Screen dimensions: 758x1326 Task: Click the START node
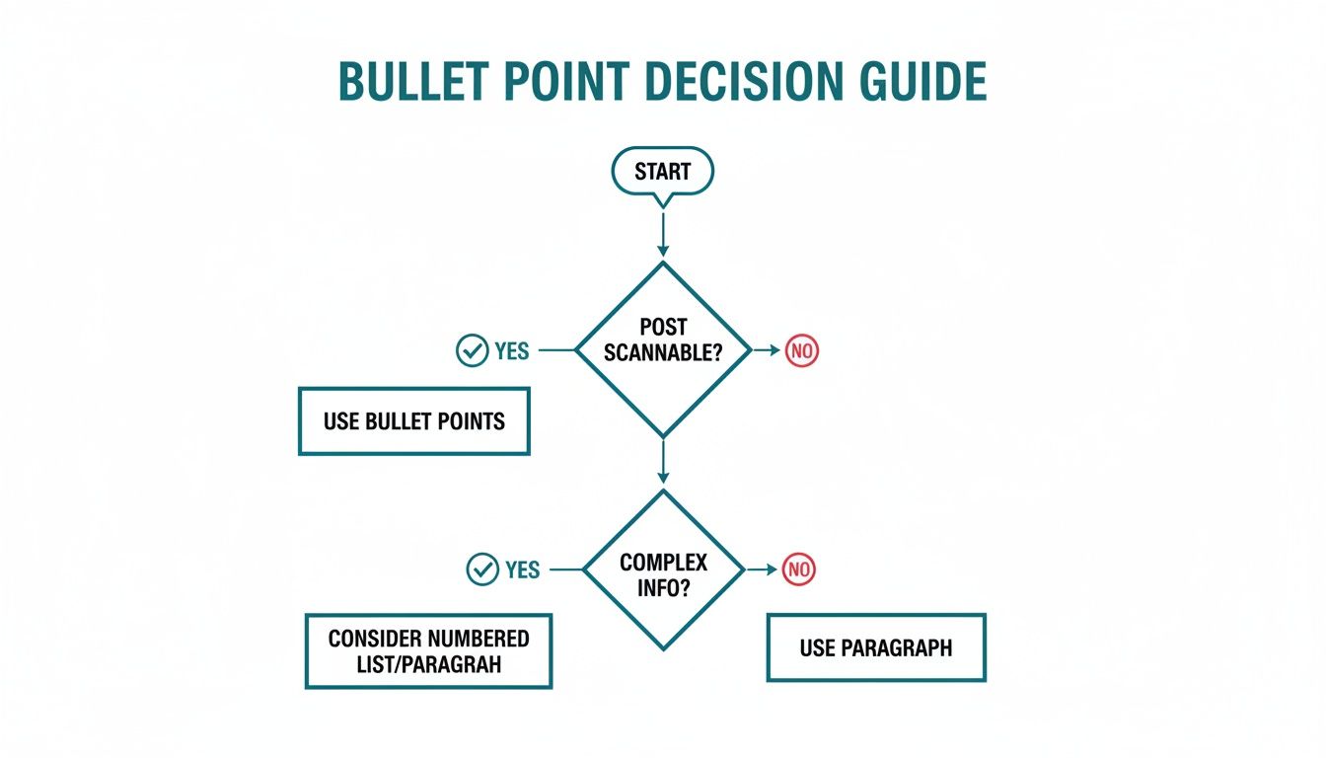point(662,172)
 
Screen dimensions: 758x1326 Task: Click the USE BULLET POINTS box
point(414,421)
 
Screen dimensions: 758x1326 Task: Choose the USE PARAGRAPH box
point(876,648)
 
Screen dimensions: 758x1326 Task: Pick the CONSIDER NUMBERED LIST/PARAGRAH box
point(428,651)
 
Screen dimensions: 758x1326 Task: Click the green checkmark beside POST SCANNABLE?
point(472,350)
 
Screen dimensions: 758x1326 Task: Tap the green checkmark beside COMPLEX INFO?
point(481,569)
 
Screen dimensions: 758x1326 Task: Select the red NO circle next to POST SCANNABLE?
point(802,350)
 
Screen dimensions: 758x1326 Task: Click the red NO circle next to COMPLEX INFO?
point(799,569)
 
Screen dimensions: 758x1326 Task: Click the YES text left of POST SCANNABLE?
point(511,351)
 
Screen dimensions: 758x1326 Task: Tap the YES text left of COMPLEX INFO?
point(522,570)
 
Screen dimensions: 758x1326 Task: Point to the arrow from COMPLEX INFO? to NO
point(759,569)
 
